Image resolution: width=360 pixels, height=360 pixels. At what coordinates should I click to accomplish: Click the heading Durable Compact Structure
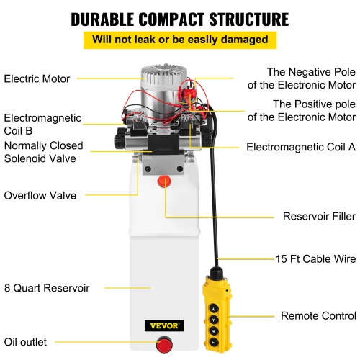point(180,17)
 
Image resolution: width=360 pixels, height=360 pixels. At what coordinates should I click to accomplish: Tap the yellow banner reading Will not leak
point(180,40)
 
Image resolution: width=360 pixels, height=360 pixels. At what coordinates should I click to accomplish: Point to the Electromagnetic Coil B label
point(42,125)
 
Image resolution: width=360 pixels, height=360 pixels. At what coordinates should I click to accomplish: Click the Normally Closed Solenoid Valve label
point(43,153)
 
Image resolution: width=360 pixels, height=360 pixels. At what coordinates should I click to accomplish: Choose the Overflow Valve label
point(40,194)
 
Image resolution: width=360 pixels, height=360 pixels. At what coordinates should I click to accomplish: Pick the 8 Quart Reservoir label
point(47,288)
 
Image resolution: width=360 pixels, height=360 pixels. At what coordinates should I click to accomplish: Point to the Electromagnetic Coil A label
point(301,147)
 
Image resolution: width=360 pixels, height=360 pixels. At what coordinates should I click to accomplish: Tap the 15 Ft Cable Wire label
point(315,258)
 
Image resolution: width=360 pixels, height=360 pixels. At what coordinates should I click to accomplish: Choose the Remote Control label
point(318,315)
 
